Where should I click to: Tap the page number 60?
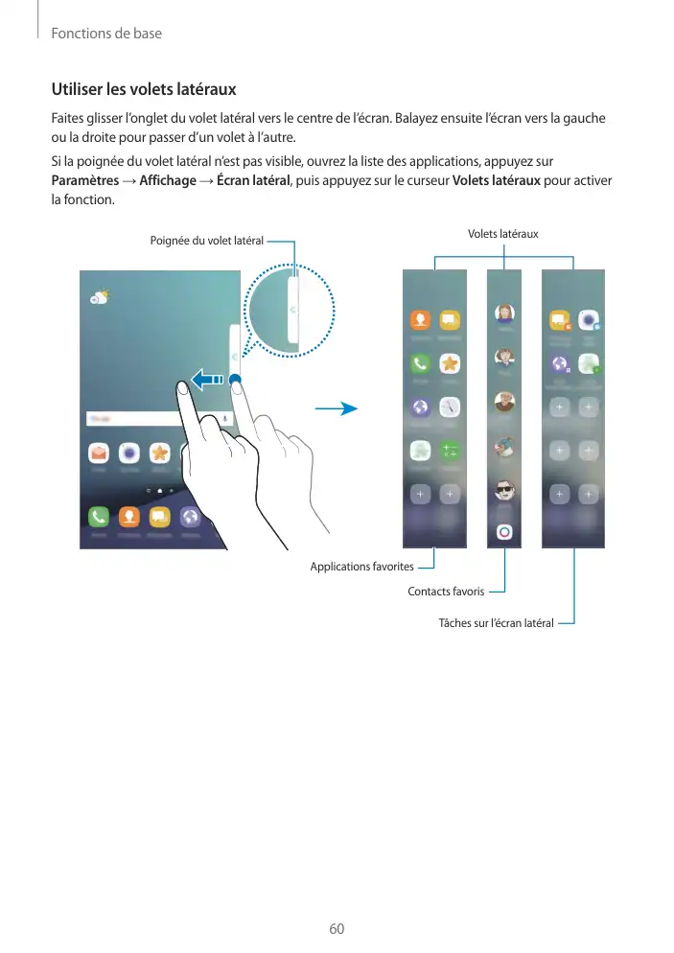pos(337,929)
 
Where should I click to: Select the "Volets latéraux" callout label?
pos(502,234)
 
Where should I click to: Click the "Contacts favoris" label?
pos(446,592)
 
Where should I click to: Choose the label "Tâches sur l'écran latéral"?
pos(496,623)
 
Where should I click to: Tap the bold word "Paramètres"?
pos(82,182)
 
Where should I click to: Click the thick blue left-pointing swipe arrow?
pos(207,380)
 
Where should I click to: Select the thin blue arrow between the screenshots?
pos(335,409)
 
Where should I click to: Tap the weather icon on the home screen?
pos(99,296)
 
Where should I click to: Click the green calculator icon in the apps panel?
pos(449,450)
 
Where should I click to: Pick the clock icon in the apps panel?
pos(449,407)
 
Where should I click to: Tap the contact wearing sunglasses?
pos(504,490)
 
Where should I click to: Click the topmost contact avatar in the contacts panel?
pos(504,314)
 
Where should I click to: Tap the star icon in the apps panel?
pos(449,363)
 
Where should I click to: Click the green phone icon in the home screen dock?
pos(99,517)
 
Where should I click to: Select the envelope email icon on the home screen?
pos(99,452)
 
